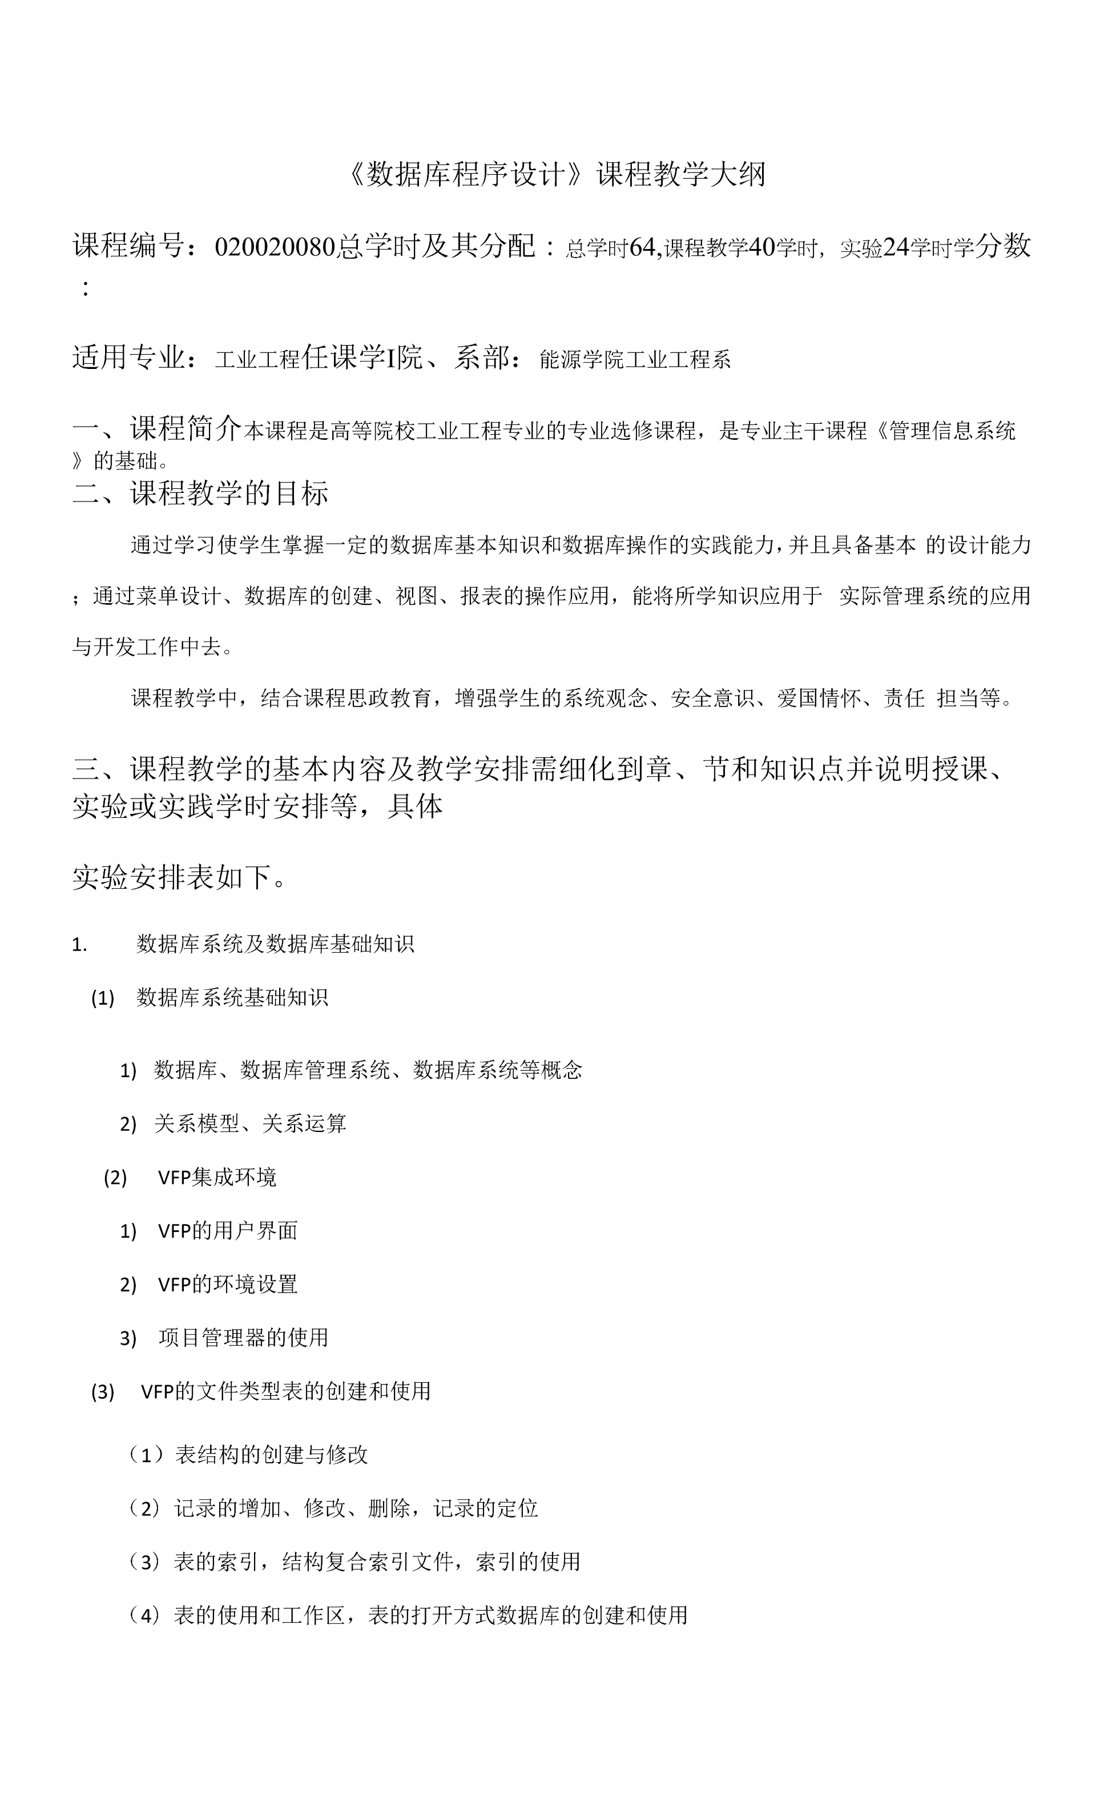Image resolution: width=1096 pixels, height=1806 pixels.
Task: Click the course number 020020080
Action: pyautogui.click(x=275, y=247)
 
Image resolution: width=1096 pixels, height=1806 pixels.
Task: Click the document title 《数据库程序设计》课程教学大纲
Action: pyautogui.click(x=555, y=174)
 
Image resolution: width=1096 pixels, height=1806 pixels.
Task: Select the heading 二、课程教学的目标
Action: pyautogui.click(x=200, y=493)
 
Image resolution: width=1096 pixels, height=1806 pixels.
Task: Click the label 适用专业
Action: pyautogui.click(x=128, y=358)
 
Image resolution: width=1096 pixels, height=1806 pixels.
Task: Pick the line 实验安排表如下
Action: pyautogui.click(x=179, y=877)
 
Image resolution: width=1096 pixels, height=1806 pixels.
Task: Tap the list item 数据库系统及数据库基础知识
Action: pyautogui.click(x=275, y=944)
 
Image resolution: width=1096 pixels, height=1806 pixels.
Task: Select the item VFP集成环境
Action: pyautogui.click(x=217, y=1177)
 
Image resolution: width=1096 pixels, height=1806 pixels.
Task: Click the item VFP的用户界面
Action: pyautogui.click(x=228, y=1231)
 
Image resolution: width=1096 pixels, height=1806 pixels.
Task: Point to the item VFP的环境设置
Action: pyautogui.click(x=228, y=1284)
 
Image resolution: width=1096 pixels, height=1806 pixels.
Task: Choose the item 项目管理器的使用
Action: pyautogui.click(x=243, y=1338)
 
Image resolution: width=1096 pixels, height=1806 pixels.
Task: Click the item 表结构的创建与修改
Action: pyautogui.click(x=271, y=1455)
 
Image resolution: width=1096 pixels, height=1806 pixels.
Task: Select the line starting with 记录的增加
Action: pyautogui.click(x=355, y=1508)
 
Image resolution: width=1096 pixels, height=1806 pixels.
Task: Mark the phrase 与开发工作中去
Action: pyautogui.click(x=152, y=647)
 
